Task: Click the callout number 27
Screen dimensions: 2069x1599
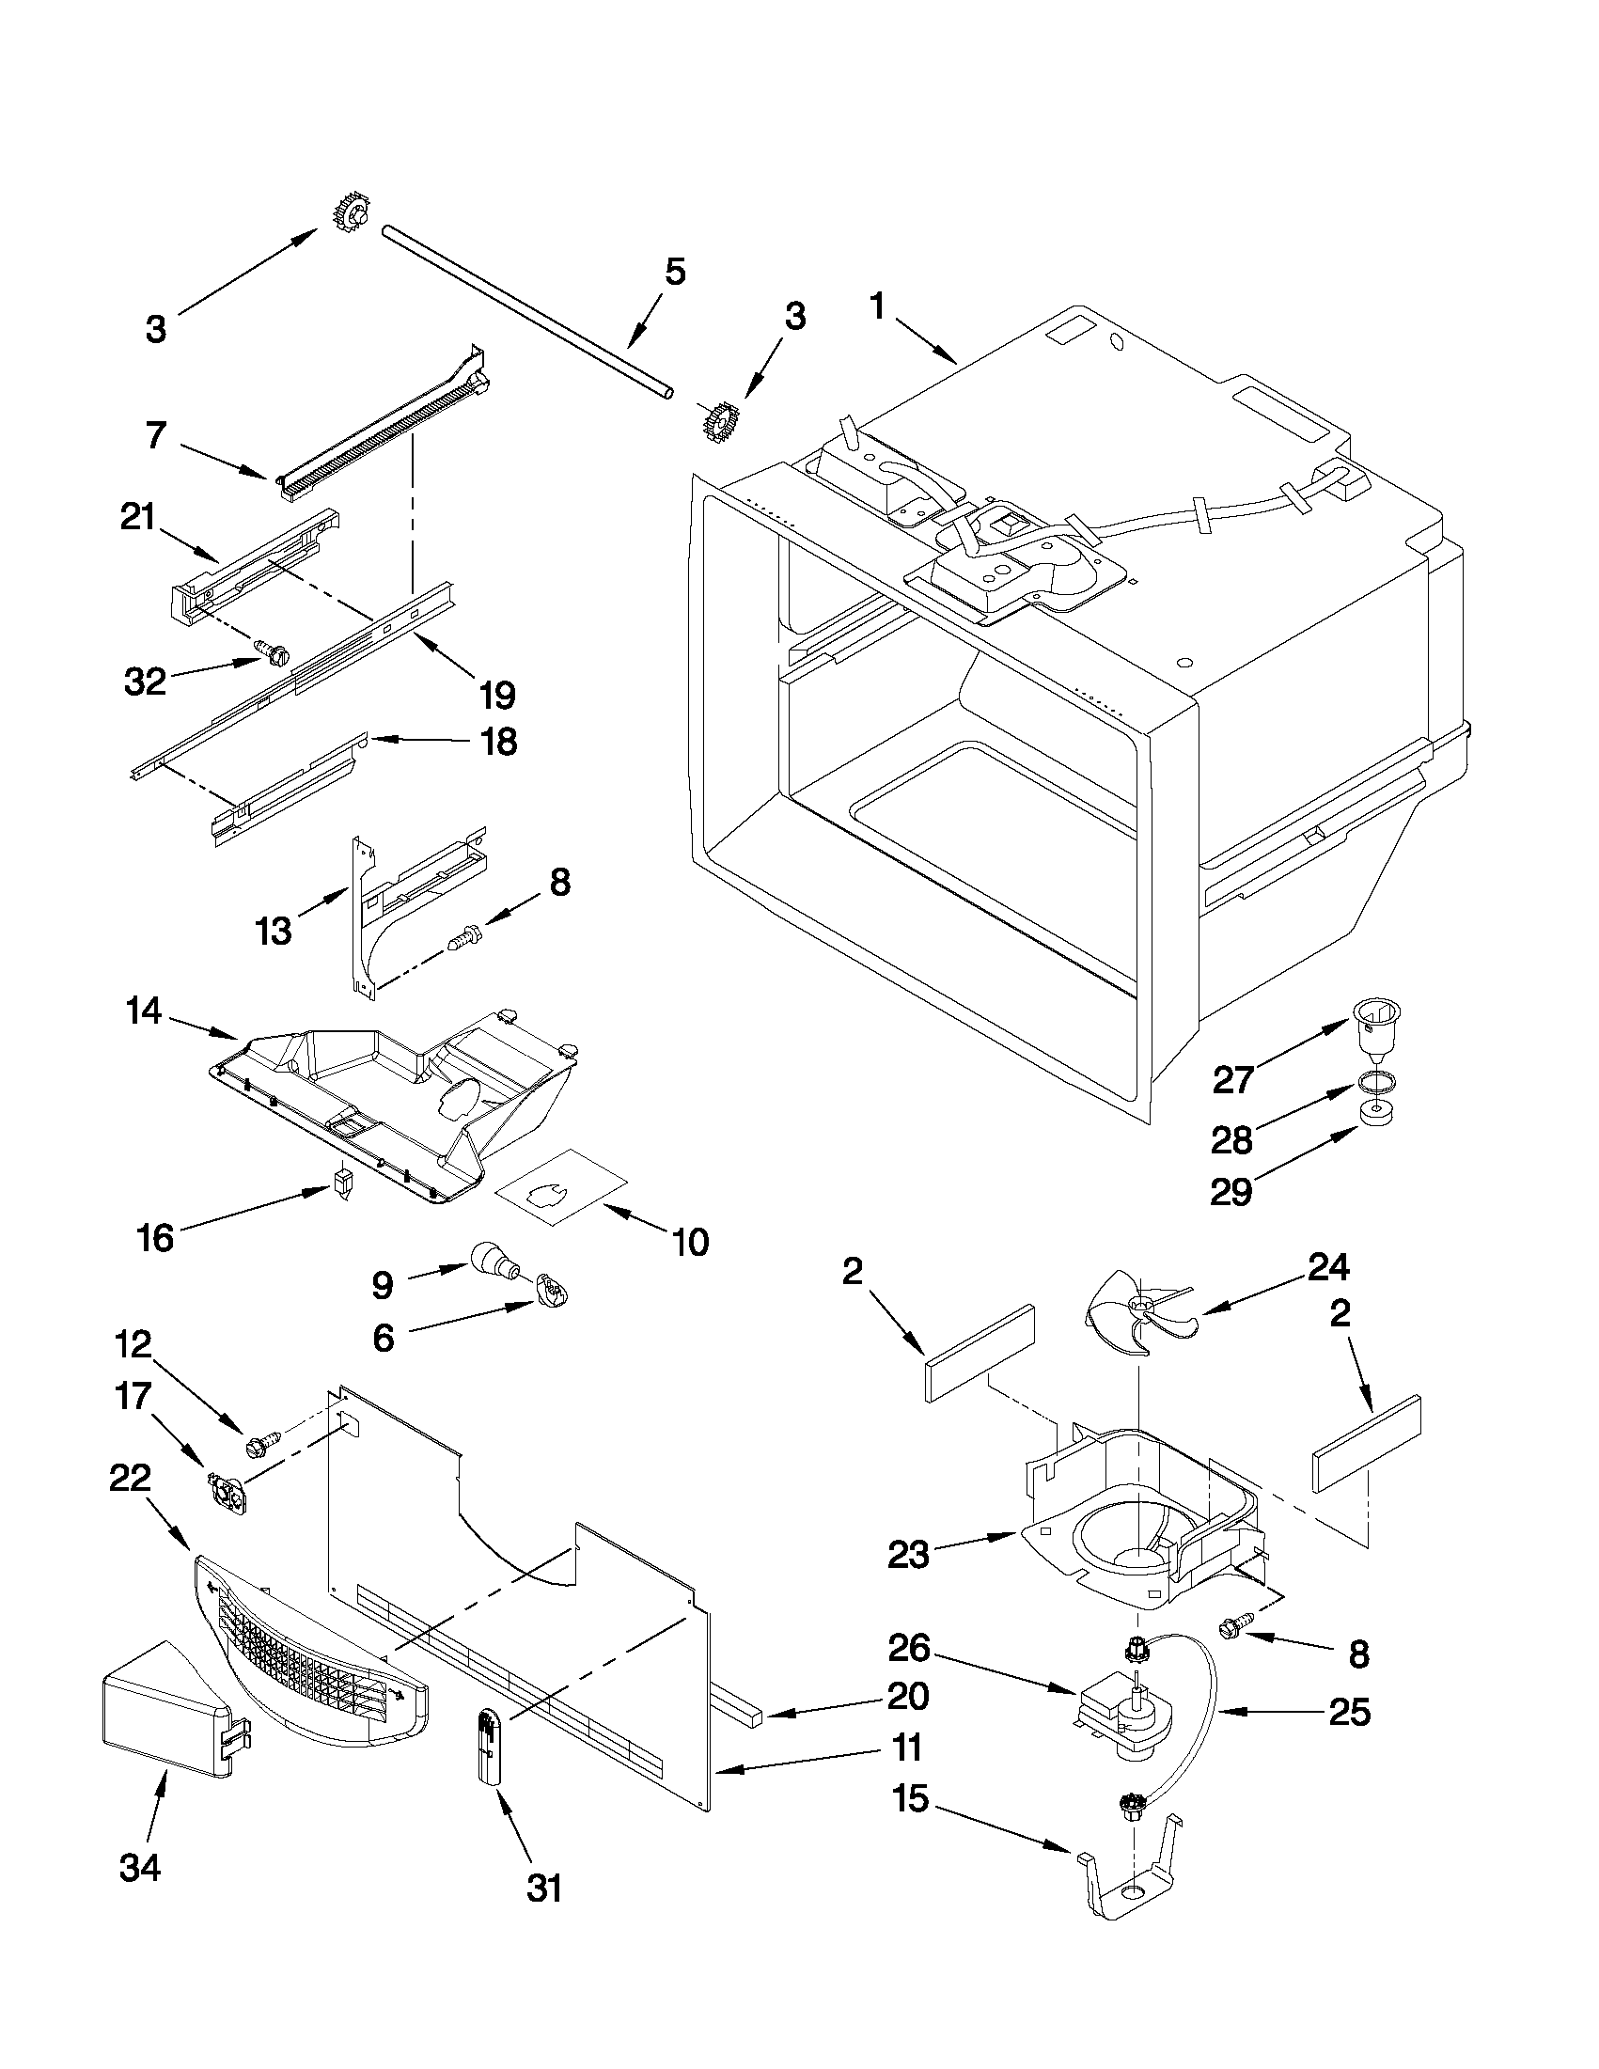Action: point(1233,1079)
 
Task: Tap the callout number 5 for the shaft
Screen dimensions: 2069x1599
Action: point(673,272)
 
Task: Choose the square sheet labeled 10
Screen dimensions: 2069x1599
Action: point(565,1183)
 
